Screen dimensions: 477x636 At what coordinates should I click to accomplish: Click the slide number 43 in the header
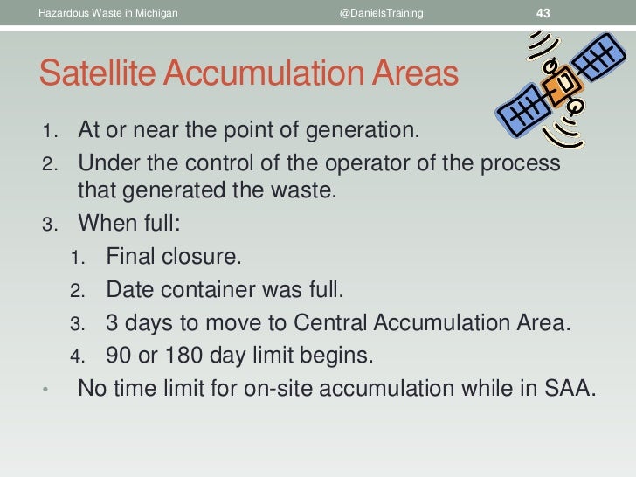tap(543, 11)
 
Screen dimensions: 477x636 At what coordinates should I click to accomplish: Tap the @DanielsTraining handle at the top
tap(380, 11)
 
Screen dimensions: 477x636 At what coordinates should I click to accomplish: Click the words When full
tap(129, 224)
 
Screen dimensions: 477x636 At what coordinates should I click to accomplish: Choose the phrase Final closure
tap(174, 258)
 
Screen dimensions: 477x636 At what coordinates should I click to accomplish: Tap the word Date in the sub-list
tap(129, 290)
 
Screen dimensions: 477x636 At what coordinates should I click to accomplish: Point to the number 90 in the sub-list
tap(119, 356)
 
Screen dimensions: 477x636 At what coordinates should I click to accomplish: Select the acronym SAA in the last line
tap(571, 389)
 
